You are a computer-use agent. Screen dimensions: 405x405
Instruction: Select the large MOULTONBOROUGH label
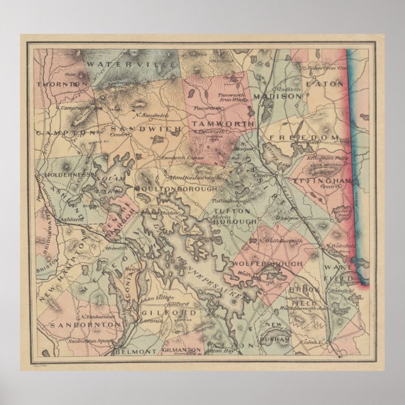pos(175,189)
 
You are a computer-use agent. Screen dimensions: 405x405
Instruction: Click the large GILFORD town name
pos(162,313)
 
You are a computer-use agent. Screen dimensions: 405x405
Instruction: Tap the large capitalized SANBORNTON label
pos(85,325)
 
